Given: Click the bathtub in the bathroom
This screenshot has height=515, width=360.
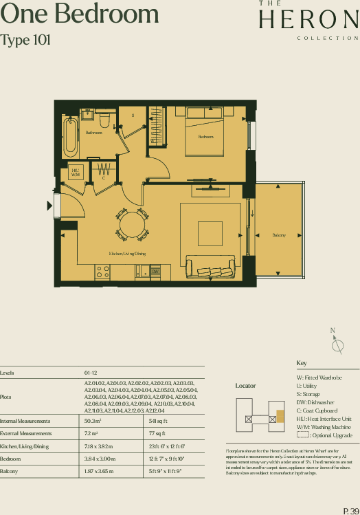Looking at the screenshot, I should click(x=70, y=137).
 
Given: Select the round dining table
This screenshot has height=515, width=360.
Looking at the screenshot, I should click(x=132, y=224).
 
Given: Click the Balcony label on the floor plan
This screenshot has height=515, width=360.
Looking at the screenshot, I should click(x=278, y=236).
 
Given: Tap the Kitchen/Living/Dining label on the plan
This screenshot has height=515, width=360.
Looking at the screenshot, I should click(x=127, y=254).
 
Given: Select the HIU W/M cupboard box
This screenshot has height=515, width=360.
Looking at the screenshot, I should click(x=75, y=173).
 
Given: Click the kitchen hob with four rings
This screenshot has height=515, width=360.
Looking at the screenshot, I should click(x=103, y=272).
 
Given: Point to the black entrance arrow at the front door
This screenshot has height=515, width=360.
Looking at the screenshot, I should click(x=49, y=206).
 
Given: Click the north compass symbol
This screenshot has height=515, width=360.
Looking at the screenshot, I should click(x=337, y=345).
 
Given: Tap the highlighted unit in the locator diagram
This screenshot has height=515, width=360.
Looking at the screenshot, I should click(x=280, y=417).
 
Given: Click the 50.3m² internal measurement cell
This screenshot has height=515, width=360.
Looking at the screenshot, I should click(x=93, y=421).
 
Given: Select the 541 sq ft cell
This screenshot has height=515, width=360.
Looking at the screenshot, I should click(x=158, y=421).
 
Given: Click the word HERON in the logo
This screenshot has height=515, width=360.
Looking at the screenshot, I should click(x=308, y=20).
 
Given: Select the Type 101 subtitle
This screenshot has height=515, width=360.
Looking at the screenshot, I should click(x=25, y=41).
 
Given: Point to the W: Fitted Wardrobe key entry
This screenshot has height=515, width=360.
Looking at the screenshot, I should click(x=319, y=377).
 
